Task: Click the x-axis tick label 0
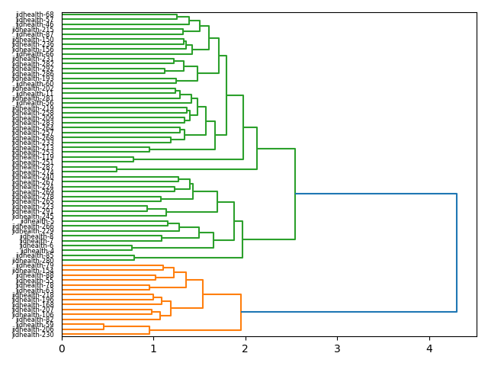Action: (x=62, y=348)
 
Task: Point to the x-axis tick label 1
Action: (x=153, y=348)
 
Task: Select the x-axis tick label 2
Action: (x=246, y=348)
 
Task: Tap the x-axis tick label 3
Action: (x=337, y=348)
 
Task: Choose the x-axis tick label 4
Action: (x=429, y=348)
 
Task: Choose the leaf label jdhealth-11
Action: (x=35, y=94)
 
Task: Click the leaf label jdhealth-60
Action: (x=35, y=84)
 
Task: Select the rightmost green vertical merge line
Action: (x=295, y=194)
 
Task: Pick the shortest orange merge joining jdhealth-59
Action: (x=104, y=327)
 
